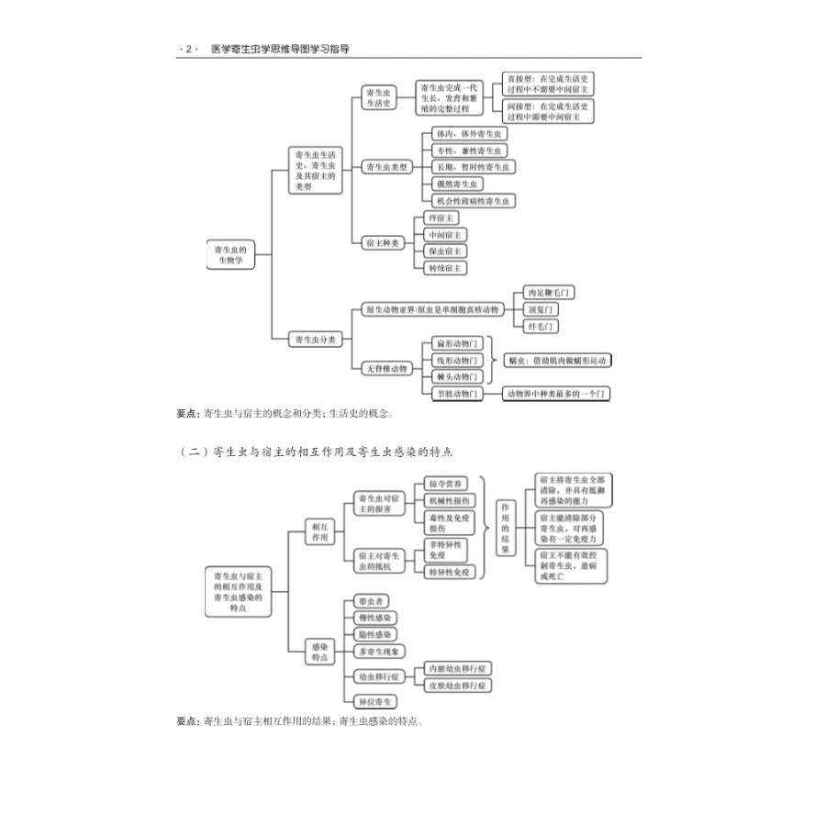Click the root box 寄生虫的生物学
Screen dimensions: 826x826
click(229, 254)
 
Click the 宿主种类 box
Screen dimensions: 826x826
click(382, 242)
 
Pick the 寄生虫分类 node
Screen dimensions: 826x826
click(316, 340)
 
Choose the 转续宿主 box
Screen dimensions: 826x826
click(446, 268)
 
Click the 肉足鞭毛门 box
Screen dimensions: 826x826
click(549, 293)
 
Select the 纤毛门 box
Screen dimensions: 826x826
click(541, 326)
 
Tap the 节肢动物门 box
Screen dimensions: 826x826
click(456, 394)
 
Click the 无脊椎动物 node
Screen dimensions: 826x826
click(385, 368)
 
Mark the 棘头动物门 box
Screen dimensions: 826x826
click(456, 376)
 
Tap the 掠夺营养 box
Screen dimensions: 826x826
click(448, 483)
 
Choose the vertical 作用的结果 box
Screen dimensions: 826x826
click(504, 527)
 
